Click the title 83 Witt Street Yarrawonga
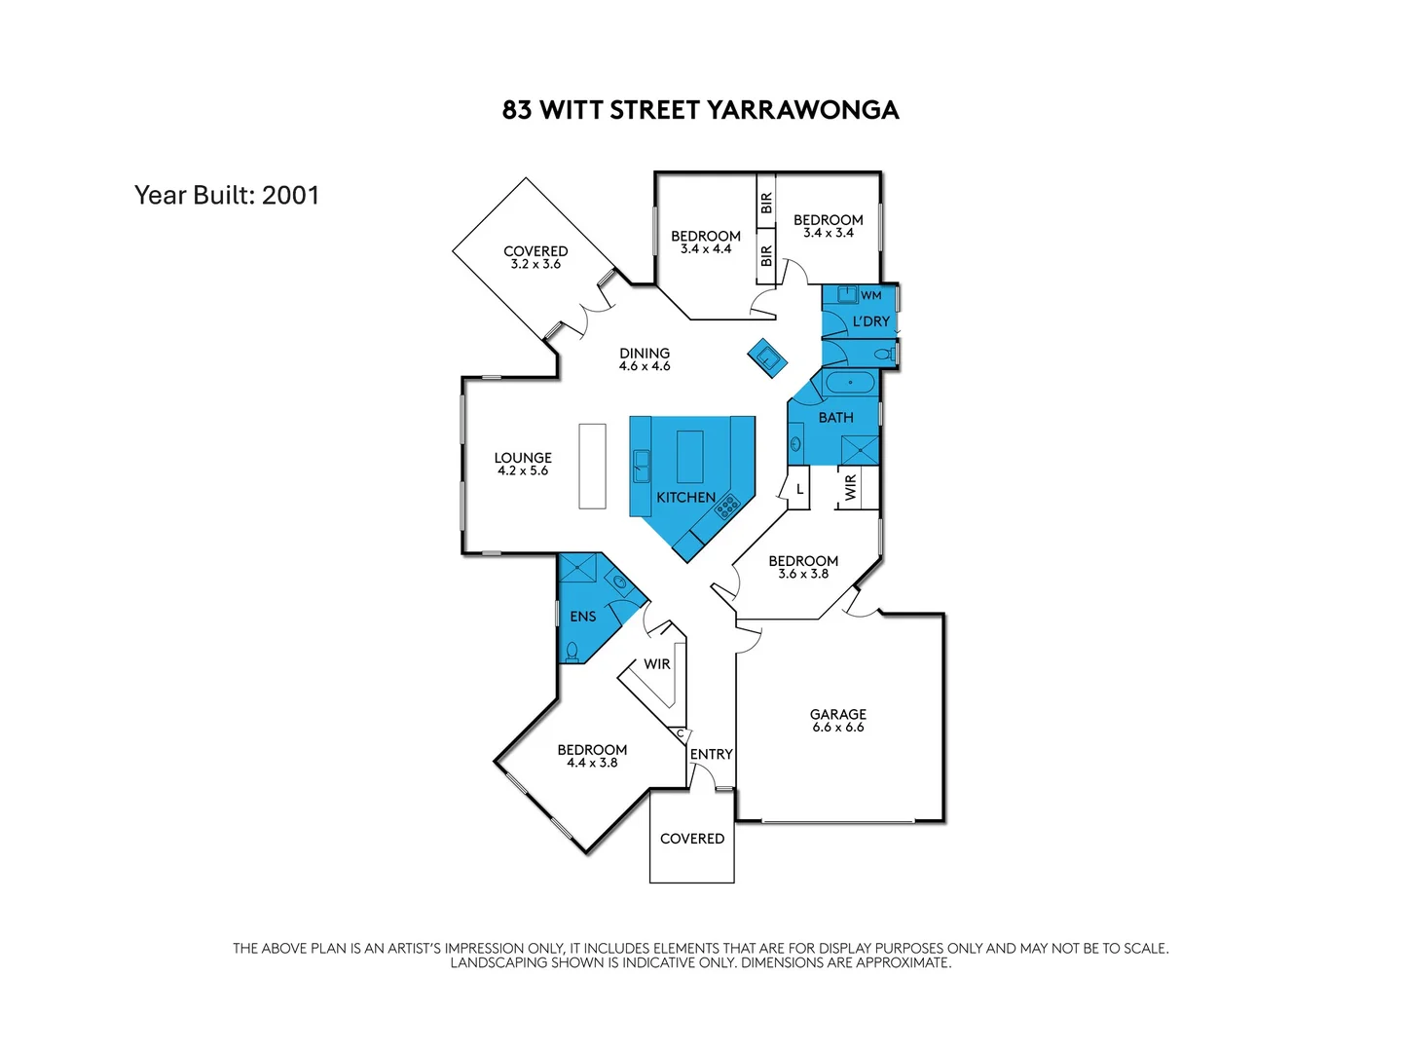700,109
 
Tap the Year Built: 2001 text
227,195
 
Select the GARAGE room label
837,714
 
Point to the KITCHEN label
685,497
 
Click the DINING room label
645,354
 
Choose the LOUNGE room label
523,458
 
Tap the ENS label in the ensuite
583,617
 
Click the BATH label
835,417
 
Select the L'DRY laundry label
870,321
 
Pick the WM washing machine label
871,295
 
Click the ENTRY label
711,754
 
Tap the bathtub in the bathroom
850,382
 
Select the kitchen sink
642,466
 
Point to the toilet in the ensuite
572,651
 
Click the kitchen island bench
689,457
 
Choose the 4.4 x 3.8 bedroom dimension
592,763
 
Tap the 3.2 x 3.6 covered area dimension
535,264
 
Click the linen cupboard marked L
799,489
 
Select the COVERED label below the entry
692,839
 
